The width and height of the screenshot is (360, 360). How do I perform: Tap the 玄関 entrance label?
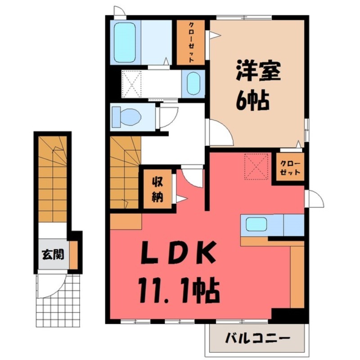click(x=53, y=255)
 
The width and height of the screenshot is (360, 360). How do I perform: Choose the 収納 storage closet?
click(x=157, y=189)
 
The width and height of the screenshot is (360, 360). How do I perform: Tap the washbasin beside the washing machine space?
click(x=193, y=83)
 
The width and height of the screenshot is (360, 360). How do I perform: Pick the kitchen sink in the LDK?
click(x=256, y=224)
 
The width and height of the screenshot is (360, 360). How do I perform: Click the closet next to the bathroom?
click(x=191, y=42)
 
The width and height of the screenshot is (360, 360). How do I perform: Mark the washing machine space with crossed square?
click(x=133, y=83)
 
